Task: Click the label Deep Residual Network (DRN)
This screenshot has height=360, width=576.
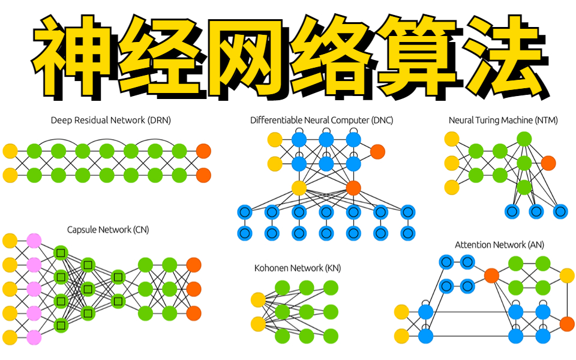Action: click(111, 120)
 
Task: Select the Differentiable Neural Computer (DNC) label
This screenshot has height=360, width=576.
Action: click(322, 120)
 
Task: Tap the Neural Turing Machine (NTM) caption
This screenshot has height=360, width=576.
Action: click(503, 120)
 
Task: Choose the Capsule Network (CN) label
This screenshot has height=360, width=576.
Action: click(108, 229)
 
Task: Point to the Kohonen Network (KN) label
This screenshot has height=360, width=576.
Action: click(298, 268)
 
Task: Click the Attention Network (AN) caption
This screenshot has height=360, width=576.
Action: click(499, 245)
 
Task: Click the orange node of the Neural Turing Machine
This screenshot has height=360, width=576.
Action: click(548, 163)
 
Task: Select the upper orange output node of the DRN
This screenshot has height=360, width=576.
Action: click(203, 150)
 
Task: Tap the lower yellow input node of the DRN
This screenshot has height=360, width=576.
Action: click(10, 175)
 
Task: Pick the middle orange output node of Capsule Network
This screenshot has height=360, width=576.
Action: click(194, 289)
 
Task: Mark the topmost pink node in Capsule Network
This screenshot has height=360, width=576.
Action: click(34, 241)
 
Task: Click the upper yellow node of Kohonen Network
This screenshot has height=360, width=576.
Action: click(258, 299)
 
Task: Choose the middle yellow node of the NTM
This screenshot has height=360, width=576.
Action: click(452, 163)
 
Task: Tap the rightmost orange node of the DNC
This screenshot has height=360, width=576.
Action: click(377, 152)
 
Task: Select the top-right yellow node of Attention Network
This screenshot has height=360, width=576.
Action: click(567, 275)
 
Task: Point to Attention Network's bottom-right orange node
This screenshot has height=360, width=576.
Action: click(567, 324)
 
